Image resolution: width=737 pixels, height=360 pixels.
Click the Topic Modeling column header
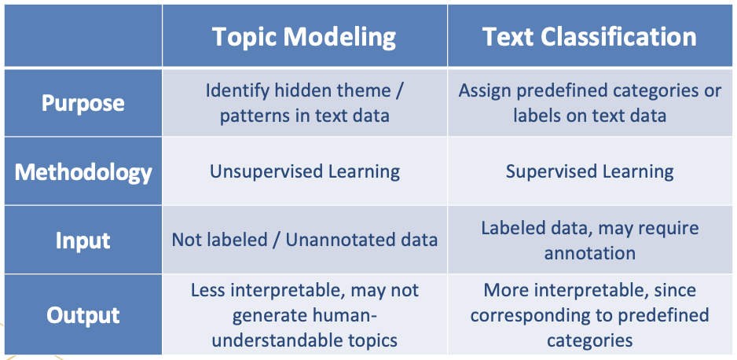304,37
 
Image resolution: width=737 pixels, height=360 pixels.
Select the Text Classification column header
589,37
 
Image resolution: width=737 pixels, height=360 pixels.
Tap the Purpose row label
82,103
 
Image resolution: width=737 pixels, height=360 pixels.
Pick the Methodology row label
82,171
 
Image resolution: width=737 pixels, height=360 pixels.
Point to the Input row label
82,240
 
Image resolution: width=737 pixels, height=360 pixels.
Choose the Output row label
82,315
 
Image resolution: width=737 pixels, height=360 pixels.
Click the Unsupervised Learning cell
304,171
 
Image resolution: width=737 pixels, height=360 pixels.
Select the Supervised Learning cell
589,171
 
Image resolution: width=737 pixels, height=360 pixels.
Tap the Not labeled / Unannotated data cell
304,240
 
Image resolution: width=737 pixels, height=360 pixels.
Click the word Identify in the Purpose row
233,90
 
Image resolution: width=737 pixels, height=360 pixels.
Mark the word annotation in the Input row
589,253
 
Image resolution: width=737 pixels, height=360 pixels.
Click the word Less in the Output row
208,291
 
